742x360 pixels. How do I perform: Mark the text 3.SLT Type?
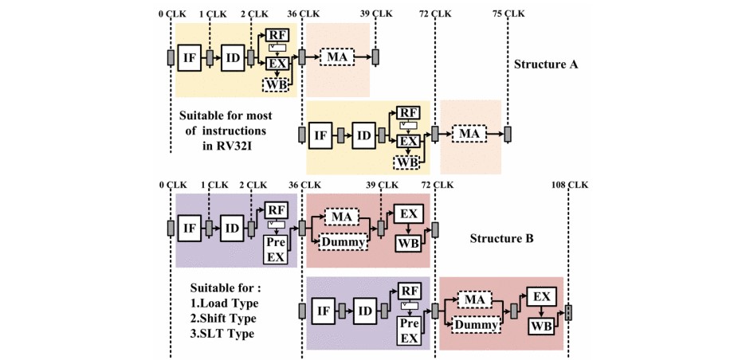click(223, 334)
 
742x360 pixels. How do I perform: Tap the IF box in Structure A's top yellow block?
click(190, 57)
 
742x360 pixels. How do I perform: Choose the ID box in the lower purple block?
click(363, 310)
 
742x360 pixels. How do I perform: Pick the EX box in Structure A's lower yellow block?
click(408, 141)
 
